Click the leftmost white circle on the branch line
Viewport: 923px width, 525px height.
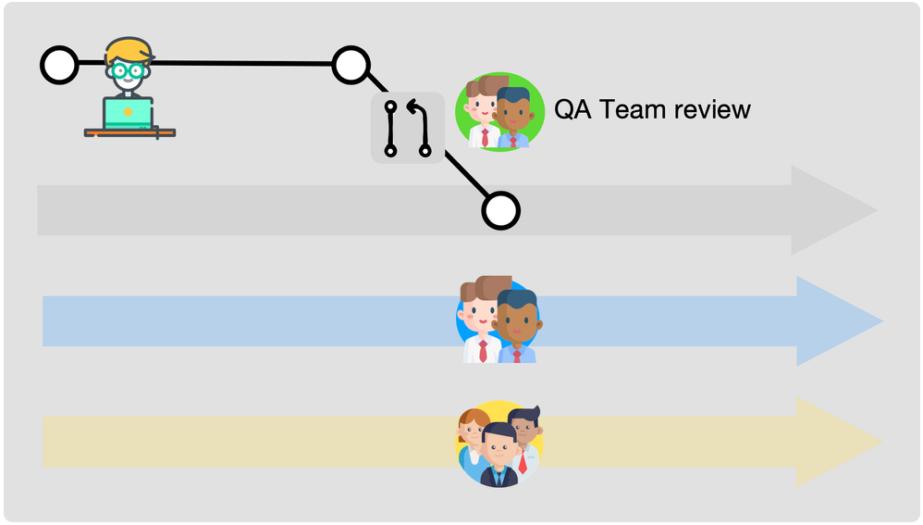59,65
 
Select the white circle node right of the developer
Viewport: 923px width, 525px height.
351,65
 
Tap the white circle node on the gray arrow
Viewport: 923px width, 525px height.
500,211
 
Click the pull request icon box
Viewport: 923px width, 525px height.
408,128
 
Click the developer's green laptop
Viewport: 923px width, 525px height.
129,113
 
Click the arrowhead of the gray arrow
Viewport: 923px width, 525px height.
832,210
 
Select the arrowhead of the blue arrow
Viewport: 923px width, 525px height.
838,321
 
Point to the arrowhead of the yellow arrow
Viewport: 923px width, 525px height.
838,442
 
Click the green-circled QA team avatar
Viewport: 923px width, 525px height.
499,110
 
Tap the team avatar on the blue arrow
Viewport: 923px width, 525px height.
499,320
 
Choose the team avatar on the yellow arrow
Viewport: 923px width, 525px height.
499,443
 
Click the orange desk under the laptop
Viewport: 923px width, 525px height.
129,133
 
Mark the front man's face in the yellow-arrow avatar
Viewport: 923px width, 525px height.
498,450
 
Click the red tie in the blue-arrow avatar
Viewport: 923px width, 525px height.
483,349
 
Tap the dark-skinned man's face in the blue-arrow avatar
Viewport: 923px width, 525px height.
518,320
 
